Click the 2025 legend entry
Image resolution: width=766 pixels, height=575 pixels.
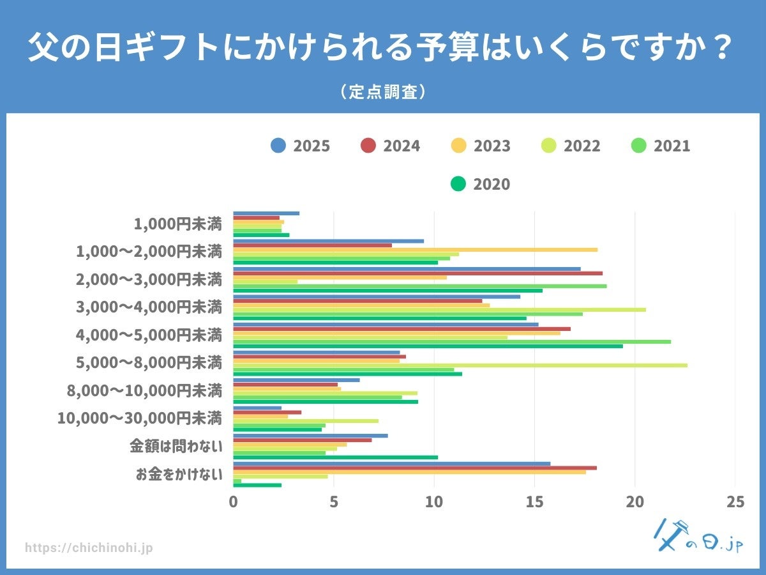coord(300,146)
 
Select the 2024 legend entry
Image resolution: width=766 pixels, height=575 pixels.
coord(390,146)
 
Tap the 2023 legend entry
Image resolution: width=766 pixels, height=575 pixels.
coord(480,146)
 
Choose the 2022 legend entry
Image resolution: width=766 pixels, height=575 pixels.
coord(570,146)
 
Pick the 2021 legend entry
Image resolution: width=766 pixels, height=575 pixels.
coord(660,146)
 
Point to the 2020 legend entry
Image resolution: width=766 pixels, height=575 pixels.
coord(480,184)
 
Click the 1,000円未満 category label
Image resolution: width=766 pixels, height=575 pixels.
coord(178,224)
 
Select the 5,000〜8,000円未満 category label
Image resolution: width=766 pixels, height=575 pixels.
coord(148,363)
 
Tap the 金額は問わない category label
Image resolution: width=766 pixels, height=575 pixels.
coord(176,446)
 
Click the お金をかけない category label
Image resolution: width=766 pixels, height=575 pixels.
coord(179,474)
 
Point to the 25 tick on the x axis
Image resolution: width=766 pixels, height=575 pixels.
coord(735,502)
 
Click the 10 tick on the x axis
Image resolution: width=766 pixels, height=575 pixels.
coord(434,502)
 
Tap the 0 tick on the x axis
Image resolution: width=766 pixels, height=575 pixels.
coord(234,502)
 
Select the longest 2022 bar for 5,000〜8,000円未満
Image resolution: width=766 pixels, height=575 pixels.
coord(460,365)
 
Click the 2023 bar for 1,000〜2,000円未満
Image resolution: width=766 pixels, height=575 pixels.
coord(415,250)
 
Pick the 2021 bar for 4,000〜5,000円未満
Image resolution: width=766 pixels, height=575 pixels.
coord(452,342)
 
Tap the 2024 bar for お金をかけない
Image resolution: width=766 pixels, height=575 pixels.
coord(415,468)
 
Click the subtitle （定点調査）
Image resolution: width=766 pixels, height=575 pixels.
coord(383,92)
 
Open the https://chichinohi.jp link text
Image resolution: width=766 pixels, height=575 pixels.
coord(89,548)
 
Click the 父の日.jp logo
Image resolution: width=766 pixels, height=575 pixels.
coord(699,537)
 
